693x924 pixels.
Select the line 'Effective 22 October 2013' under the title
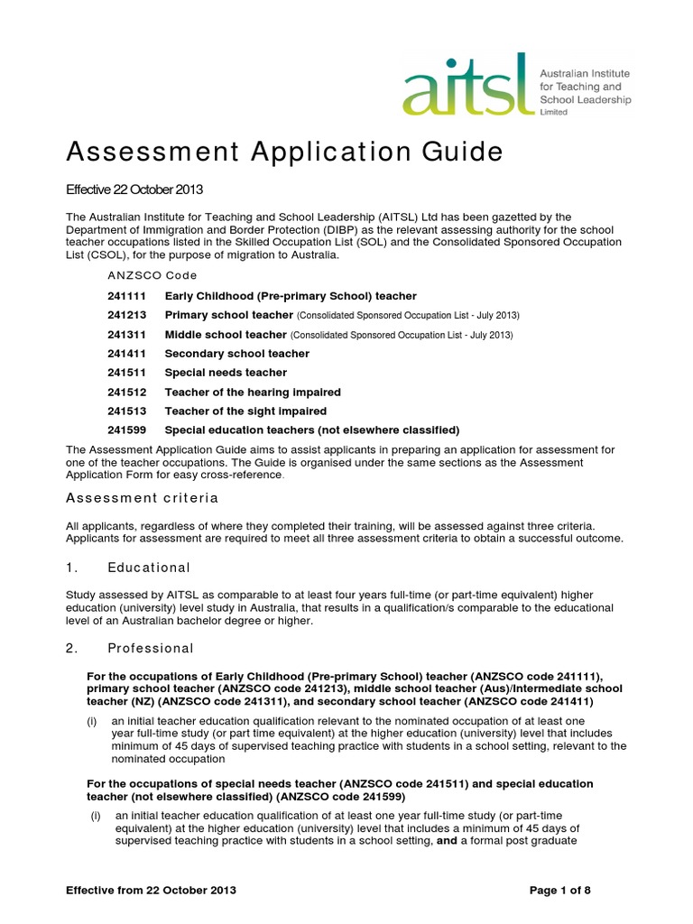pyautogui.click(x=135, y=189)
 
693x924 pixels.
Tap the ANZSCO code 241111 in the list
pyautogui.click(x=126, y=296)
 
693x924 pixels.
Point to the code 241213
pyautogui.click(x=126, y=315)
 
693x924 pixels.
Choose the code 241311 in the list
pyautogui.click(x=126, y=335)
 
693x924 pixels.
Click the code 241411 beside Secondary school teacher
pyautogui.click(x=126, y=354)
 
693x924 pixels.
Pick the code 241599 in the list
pyautogui.click(x=126, y=430)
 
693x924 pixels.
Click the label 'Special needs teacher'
pyautogui.click(x=226, y=373)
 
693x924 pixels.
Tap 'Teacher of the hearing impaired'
pyautogui.click(x=253, y=392)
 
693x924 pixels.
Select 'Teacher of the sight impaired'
pyautogui.click(x=245, y=411)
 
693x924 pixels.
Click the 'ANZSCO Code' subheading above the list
pyautogui.click(x=152, y=275)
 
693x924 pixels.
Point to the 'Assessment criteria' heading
pyautogui.click(x=143, y=498)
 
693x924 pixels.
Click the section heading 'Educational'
pyautogui.click(x=149, y=568)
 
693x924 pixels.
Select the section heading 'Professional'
pyautogui.click(x=151, y=648)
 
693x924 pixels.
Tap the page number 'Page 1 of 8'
pyautogui.click(x=559, y=891)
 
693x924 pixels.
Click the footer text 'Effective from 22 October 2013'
pyautogui.click(x=152, y=891)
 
